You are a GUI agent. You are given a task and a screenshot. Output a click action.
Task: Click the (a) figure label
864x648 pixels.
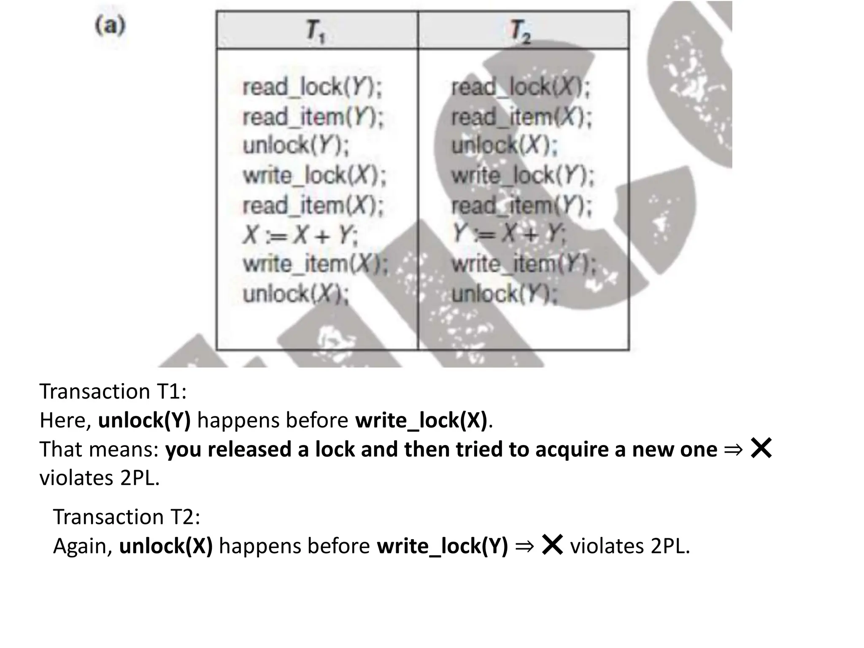[110, 26]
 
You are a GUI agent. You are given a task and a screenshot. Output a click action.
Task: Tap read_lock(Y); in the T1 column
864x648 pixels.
[312, 87]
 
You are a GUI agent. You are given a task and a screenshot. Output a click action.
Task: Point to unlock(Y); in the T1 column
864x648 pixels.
[296, 146]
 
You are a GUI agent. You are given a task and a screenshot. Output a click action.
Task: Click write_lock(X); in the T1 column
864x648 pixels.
[314, 175]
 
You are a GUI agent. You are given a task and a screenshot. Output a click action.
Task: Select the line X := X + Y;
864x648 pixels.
[300, 235]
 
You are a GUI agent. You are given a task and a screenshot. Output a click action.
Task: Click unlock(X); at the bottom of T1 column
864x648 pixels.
[296, 294]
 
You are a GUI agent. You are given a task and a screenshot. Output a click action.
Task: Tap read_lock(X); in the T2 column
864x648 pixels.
[521, 87]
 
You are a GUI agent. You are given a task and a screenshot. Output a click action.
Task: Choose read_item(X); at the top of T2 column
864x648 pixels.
[521, 117]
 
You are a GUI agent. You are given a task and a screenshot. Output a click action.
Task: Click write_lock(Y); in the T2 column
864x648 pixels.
[523, 175]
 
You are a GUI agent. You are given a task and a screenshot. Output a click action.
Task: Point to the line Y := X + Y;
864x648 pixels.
[509, 234]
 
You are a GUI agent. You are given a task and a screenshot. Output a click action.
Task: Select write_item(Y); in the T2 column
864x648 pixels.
[524, 264]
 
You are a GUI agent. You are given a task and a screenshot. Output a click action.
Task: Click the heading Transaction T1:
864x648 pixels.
[113, 391]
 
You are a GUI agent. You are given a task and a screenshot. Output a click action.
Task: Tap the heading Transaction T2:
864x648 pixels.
[127, 517]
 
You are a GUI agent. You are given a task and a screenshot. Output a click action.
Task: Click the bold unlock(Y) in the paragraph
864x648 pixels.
[144, 420]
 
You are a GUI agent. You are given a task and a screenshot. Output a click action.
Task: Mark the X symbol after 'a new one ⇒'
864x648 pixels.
[761, 448]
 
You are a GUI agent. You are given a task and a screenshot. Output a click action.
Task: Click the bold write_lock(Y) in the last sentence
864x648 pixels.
[442, 546]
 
